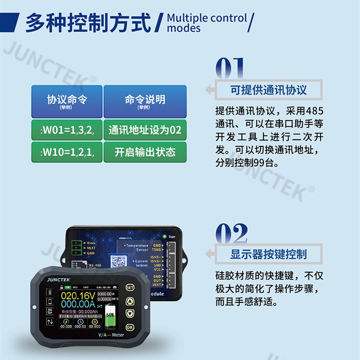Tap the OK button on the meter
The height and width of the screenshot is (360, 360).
130,327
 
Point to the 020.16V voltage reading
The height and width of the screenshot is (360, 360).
78,296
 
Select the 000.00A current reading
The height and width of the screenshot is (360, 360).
78,304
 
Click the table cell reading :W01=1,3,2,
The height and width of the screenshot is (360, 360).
67,130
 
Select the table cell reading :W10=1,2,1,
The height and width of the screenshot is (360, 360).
67,152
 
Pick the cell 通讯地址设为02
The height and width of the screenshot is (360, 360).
145,130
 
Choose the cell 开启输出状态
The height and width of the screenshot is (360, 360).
145,152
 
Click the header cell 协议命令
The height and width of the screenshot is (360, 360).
67,101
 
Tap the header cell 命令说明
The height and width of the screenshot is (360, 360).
145,101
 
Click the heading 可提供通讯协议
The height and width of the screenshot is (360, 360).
269,90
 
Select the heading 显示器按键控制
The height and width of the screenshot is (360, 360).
269,253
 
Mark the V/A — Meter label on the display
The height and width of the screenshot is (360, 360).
111,335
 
